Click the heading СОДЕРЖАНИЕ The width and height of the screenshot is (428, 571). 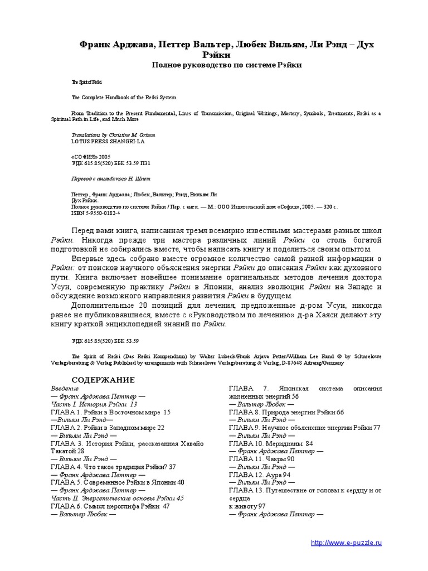pos(103,380)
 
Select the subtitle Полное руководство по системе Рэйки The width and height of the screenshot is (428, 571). pos(227,65)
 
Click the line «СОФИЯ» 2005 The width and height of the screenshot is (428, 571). pos(87,157)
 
